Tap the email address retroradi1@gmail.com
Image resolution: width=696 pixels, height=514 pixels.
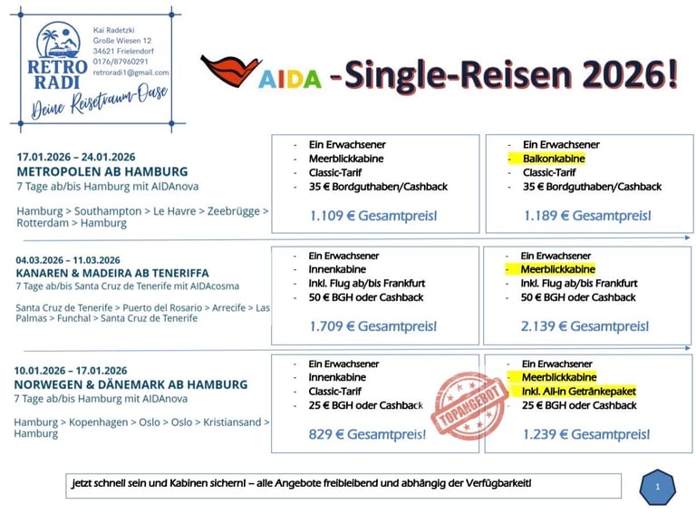[x=130, y=73]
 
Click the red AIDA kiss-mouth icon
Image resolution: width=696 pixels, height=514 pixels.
[x=229, y=71]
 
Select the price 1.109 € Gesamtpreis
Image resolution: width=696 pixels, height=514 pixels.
[x=373, y=216]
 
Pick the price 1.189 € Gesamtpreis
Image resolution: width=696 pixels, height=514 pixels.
[x=587, y=216]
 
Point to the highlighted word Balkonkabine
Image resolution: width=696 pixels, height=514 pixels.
[x=554, y=159]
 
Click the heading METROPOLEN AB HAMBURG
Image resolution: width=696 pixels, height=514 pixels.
[x=102, y=171]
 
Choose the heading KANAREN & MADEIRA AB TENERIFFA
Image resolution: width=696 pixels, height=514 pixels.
[x=112, y=273]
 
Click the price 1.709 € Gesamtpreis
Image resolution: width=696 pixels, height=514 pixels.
[x=373, y=325]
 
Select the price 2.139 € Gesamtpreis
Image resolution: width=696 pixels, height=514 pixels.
[x=586, y=325]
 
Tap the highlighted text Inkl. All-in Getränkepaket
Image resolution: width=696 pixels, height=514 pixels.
[x=579, y=391]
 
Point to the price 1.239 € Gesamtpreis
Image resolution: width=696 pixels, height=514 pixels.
[x=586, y=434]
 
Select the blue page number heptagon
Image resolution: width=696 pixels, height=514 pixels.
[x=657, y=487]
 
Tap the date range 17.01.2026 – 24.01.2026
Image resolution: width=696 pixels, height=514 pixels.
[x=75, y=157]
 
